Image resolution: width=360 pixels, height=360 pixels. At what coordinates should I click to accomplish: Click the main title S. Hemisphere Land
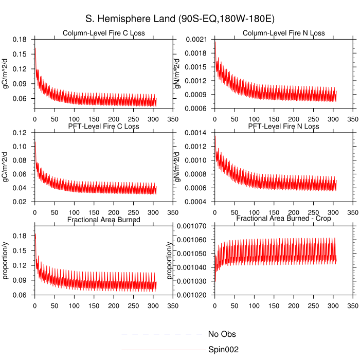[x=180, y=19]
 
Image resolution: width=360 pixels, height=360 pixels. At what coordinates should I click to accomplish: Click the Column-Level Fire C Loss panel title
[x=103, y=33]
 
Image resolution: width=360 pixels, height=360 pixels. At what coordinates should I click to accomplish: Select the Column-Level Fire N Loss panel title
[x=283, y=33]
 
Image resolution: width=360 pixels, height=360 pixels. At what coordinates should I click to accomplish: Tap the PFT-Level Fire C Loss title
[x=103, y=127]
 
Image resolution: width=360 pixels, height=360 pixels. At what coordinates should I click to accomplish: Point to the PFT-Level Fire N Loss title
[x=283, y=127]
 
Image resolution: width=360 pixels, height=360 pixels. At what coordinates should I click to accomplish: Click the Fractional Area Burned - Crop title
[x=283, y=219]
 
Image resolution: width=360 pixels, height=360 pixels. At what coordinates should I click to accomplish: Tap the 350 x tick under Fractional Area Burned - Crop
[x=353, y=305]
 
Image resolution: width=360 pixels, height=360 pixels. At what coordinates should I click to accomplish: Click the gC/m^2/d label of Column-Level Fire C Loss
[x=6, y=74]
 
